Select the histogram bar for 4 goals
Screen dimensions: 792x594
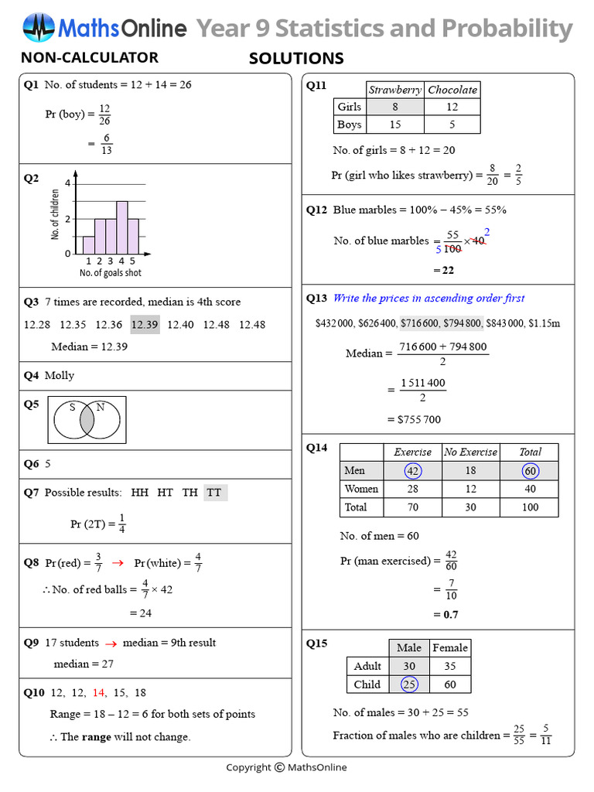[x=122, y=228]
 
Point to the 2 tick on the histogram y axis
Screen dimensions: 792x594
[x=67, y=219]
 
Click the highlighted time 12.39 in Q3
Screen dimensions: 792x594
[x=145, y=325]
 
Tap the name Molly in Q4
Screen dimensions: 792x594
[x=60, y=376]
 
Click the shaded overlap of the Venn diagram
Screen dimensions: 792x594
[x=87, y=420]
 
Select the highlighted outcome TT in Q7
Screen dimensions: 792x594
[x=214, y=493]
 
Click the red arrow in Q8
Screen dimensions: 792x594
[x=118, y=562]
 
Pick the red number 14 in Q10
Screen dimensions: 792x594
[x=99, y=693]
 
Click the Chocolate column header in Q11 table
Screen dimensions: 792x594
[x=452, y=90]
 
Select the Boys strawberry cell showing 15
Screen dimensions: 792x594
[x=394, y=125]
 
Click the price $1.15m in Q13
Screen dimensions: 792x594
[x=544, y=323]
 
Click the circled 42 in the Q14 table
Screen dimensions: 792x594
[x=413, y=470]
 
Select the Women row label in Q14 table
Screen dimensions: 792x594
[x=361, y=489]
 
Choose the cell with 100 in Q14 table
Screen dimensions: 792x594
[x=530, y=507]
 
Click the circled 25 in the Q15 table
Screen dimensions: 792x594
[x=409, y=684]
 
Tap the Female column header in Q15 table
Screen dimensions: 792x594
[x=450, y=647]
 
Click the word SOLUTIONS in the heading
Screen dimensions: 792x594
[x=296, y=59]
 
